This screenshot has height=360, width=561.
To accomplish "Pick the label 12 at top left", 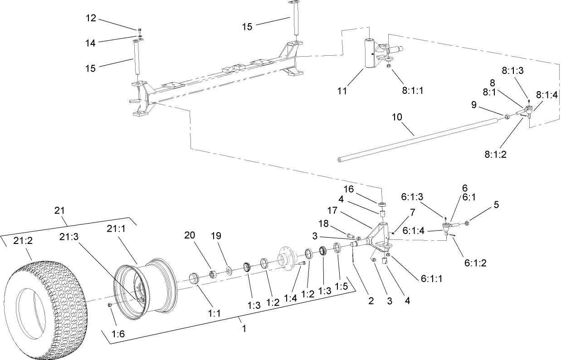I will click(91, 18).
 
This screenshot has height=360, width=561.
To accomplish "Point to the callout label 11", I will click(342, 91).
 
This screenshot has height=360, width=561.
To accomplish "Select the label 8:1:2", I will click(495, 154).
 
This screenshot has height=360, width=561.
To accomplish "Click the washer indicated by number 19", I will click(229, 271).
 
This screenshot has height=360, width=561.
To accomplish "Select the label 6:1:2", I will click(475, 263).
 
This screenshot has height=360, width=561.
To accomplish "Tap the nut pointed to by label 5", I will click(468, 223).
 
